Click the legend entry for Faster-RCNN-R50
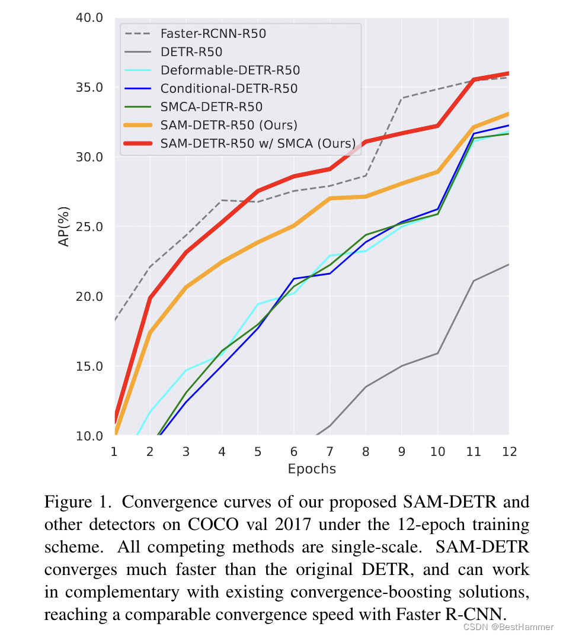click(x=213, y=34)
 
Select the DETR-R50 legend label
click(x=191, y=52)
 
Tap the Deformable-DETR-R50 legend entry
click(x=230, y=70)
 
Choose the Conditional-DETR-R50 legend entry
click(x=229, y=89)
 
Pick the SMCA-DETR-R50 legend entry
click(x=211, y=107)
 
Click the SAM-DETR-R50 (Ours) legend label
click(x=229, y=126)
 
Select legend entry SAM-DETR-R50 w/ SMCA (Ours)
click(x=258, y=144)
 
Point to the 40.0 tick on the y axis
click(x=90, y=18)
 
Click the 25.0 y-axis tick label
click(x=90, y=227)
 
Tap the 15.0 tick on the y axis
click(x=90, y=366)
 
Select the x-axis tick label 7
click(x=329, y=452)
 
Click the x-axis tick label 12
click(x=508, y=452)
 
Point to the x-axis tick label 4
click(x=222, y=452)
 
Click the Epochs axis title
click(x=312, y=470)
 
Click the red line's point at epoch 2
click(x=150, y=298)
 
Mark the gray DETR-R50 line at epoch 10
click(x=437, y=354)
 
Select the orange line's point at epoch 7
click(x=329, y=198)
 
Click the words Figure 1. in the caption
click(x=74, y=503)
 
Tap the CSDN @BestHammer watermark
click(x=508, y=627)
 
